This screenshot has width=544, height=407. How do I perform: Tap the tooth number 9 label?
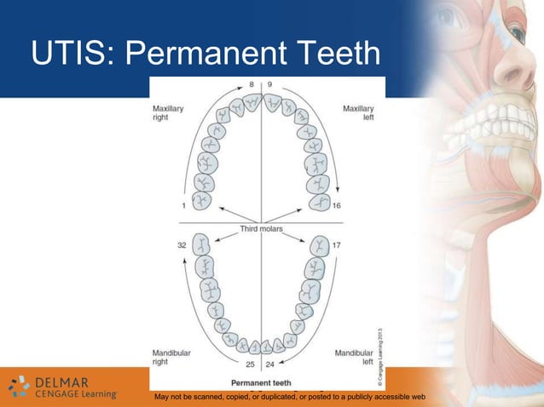(x=269, y=85)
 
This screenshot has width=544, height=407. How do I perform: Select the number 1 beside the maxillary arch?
(x=185, y=205)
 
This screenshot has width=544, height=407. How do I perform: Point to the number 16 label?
(x=337, y=205)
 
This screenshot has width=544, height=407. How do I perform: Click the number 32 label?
(x=182, y=245)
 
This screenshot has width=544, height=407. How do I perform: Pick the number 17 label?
(x=336, y=245)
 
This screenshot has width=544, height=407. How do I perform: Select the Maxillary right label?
(x=168, y=113)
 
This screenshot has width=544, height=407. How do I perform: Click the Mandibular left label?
(x=354, y=357)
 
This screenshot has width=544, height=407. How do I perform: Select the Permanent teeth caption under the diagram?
(x=261, y=382)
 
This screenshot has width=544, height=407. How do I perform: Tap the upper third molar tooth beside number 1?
(x=202, y=201)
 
